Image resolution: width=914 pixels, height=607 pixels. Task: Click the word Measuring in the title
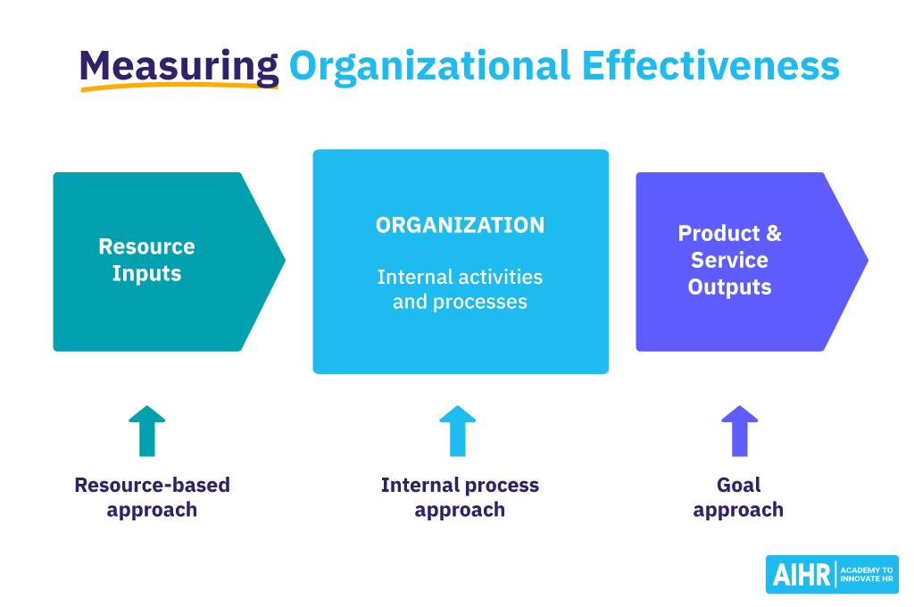[179, 65]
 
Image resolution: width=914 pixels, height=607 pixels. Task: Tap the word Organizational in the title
[428, 65]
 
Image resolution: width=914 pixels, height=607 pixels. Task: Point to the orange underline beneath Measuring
[179, 87]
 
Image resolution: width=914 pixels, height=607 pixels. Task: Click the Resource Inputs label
[146, 260]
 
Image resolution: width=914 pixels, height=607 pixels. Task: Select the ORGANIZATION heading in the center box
[460, 226]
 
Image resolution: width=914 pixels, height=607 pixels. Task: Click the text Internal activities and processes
[460, 289]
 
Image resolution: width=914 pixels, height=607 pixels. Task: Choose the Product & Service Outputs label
[729, 260]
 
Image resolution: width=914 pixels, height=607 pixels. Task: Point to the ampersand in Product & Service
[772, 234]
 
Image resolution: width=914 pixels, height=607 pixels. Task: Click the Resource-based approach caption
[152, 497]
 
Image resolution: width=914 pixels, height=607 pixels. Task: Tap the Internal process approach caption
[460, 497]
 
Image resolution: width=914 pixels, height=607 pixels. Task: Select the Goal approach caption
[738, 497]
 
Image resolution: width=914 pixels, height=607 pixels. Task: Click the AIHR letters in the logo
[800, 575]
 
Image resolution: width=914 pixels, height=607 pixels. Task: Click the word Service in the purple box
[729, 261]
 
